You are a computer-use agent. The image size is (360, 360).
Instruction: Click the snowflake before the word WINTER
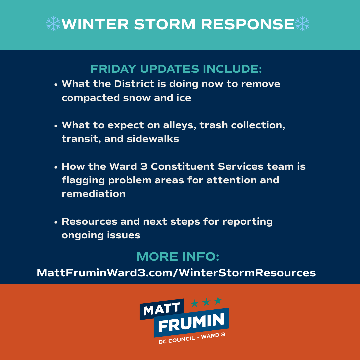click(x=53, y=24)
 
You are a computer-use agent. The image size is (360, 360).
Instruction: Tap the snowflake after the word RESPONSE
click(x=302, y=24)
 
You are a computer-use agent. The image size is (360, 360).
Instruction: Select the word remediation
click(x=94, y=194)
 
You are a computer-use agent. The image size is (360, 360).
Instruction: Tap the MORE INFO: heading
click(x=178, y=257)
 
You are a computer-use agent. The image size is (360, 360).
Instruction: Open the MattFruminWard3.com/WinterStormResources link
click(x=176, y=273)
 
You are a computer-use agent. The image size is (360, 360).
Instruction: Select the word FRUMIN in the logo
click(x=191, y=322)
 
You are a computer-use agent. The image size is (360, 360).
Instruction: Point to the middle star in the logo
click(x=206, y=302)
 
